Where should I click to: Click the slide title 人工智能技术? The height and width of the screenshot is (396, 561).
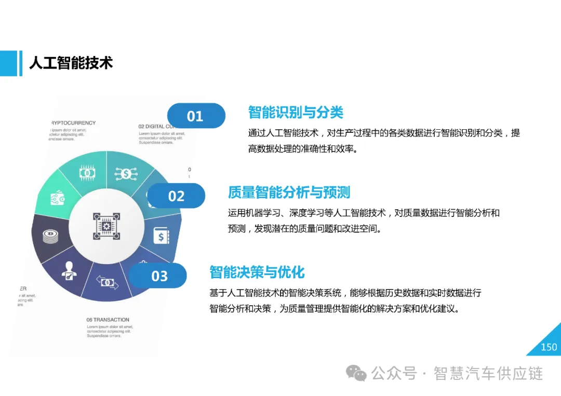[x=71, y=63]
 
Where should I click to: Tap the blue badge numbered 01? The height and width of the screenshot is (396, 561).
[x=196, y=116]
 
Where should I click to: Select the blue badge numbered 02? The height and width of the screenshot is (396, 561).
[x=176, y=196]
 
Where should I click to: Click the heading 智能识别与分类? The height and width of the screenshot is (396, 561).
[x=296, y=112]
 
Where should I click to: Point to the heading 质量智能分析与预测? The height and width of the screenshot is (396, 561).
[x=289, y=193]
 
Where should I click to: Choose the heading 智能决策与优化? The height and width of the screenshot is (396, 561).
[x=257, y=272]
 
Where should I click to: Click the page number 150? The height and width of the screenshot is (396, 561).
[x=549, y=347]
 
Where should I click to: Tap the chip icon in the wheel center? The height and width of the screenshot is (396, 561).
[x=106, y=226]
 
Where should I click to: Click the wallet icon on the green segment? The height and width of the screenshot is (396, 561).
[x=57, y=199]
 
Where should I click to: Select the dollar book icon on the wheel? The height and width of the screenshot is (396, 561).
[x=161, y=236]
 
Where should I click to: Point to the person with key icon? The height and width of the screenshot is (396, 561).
[x=69, y=270]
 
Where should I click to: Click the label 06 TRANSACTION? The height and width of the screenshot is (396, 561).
[x=108, y=320]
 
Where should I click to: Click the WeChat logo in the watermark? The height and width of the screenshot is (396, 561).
[x=356, y=373]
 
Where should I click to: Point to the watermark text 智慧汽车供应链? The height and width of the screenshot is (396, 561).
[x=488, y=373]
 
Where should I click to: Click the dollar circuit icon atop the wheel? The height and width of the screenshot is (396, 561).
[x=127, y=174]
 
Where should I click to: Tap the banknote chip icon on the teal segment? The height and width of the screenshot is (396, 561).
[x=87, y=173]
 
